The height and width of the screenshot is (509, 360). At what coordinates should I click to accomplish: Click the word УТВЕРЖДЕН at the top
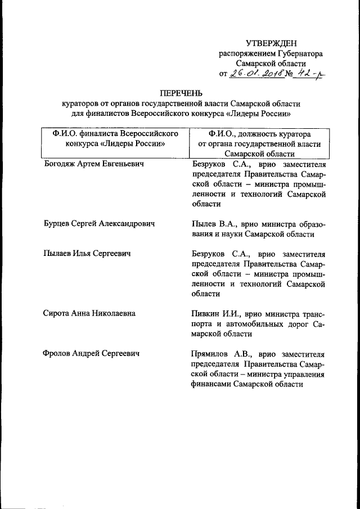click(271, 43)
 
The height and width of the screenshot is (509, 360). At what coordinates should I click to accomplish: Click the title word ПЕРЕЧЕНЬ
click(181, 93)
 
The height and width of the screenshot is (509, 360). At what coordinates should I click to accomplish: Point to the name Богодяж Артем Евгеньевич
click(93, 164)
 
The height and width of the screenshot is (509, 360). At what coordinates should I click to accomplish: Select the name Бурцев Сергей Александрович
click(99, 223)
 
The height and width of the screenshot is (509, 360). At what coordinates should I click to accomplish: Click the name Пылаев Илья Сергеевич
click(87, 254)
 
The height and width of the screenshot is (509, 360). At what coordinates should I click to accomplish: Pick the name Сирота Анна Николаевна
click(89, 313)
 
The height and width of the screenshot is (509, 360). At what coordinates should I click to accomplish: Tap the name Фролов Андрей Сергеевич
click(91, 354)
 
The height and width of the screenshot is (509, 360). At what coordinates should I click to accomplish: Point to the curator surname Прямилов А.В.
click(221, 354)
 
